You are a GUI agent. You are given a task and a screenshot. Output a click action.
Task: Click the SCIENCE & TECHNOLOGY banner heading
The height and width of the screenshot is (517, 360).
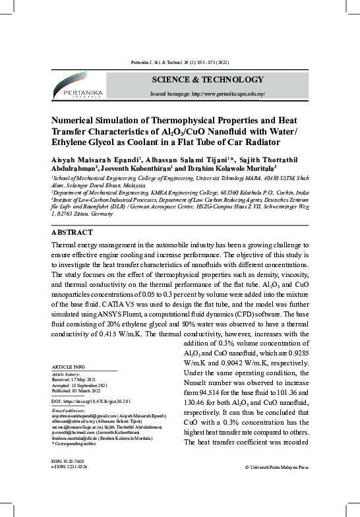pyautogui.click(x=207, y=80)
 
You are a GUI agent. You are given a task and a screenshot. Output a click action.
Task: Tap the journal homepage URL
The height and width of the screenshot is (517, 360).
pyautogui.click(x=208, y=94)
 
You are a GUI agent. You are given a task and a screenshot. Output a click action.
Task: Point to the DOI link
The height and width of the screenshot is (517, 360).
pyautogui.click(x=91, y=401)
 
